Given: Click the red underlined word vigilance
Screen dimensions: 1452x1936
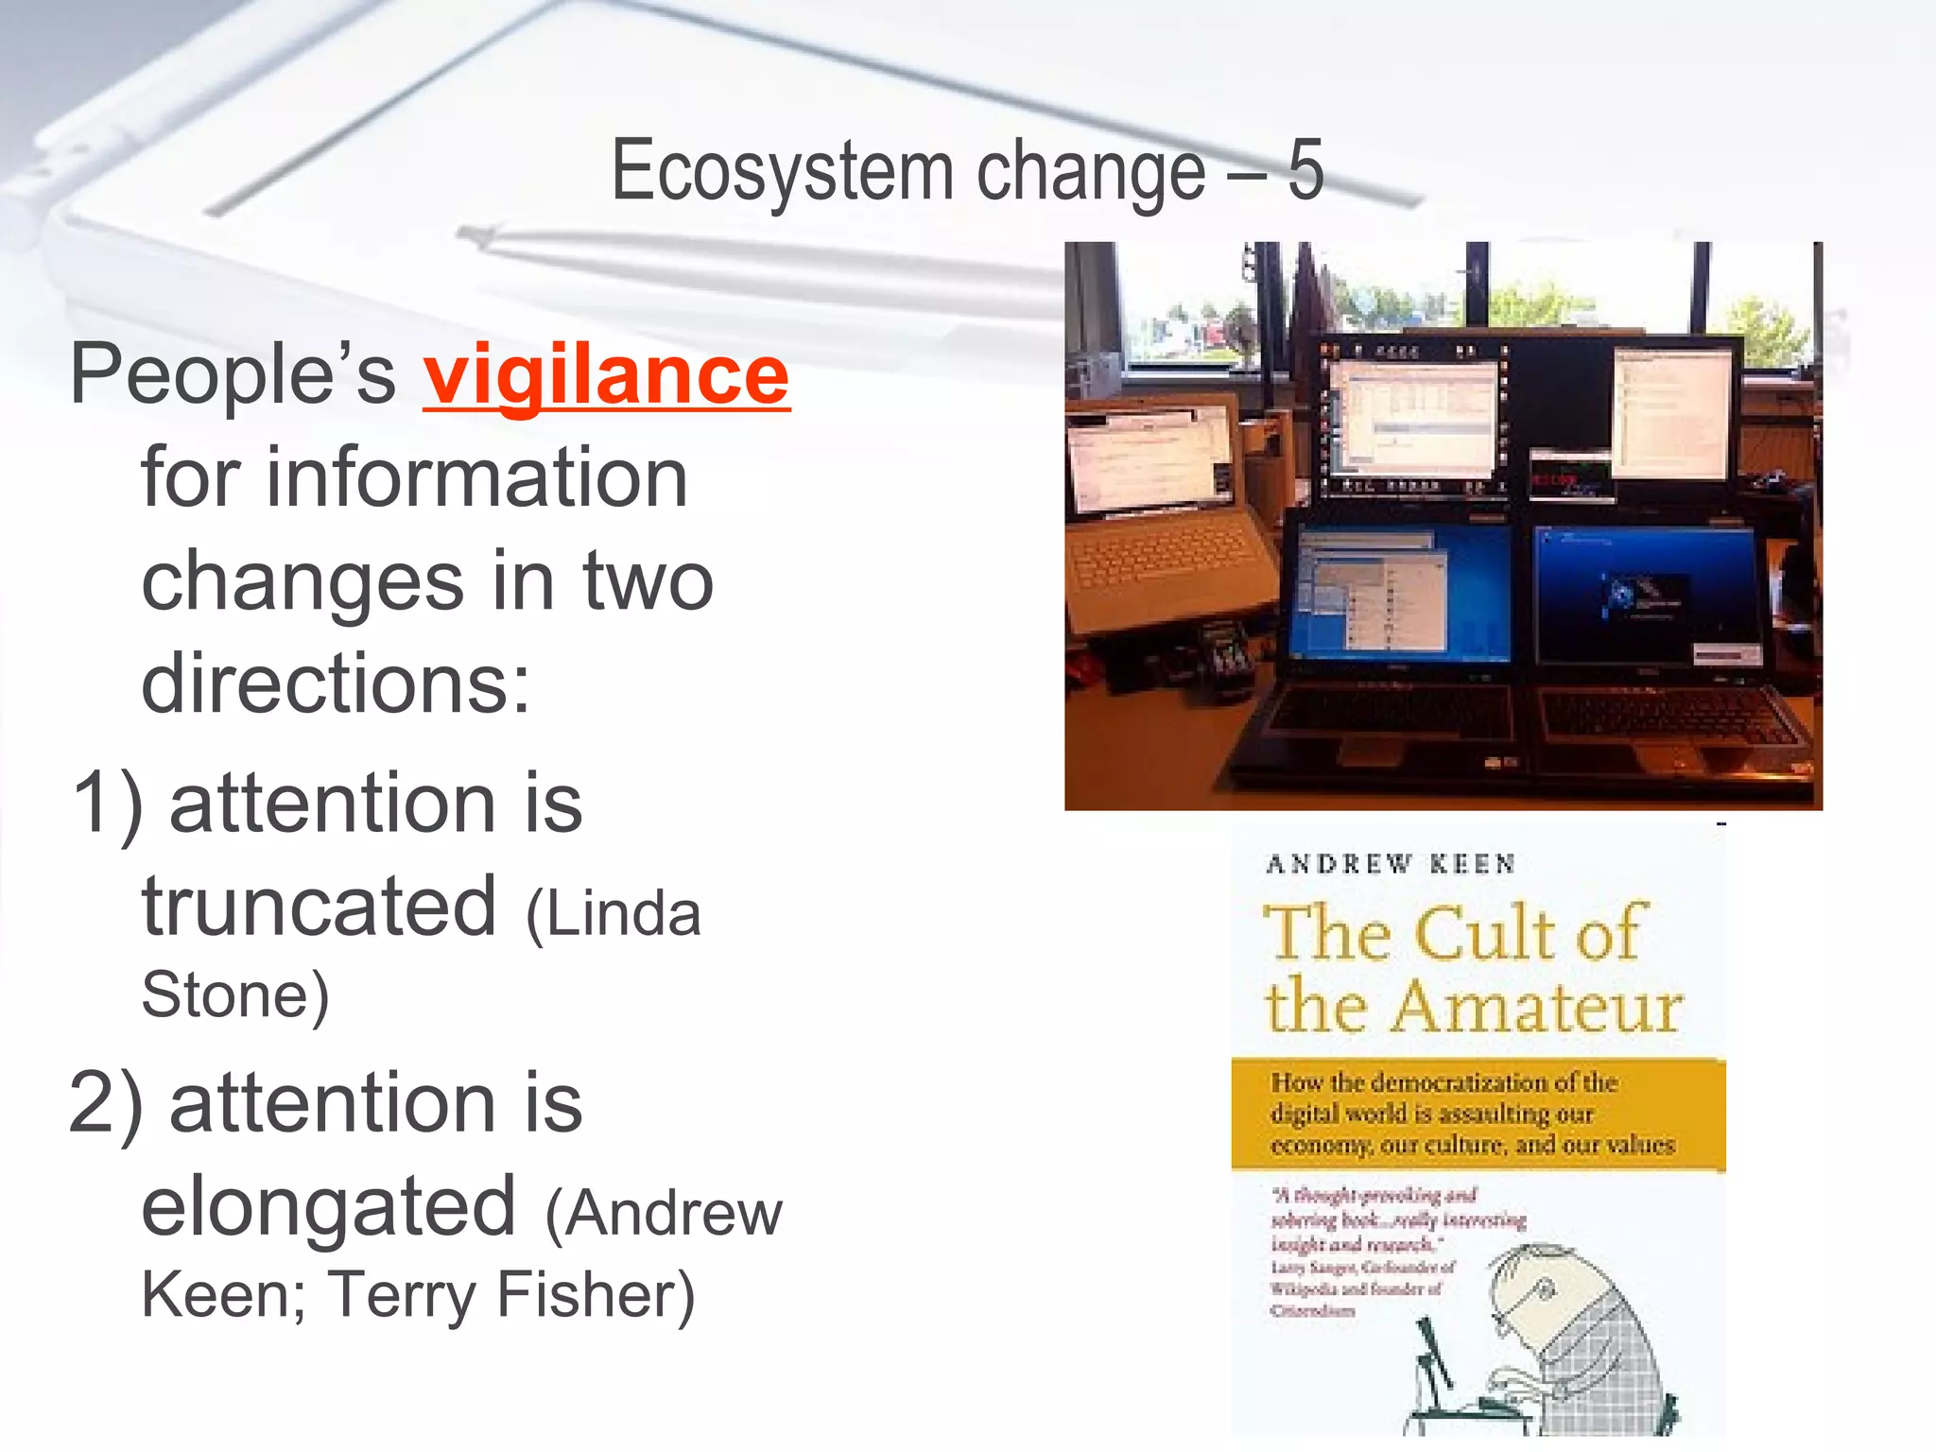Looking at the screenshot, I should [x=605, y=376].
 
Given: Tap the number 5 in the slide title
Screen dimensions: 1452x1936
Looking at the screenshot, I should [x=1305, y=170].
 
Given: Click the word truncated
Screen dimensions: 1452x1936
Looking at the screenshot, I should [x=319, y=906].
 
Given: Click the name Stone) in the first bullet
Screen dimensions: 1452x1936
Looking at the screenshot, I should [x=235, y=994].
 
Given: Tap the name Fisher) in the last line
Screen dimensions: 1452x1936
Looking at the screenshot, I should [x=596, y=1295].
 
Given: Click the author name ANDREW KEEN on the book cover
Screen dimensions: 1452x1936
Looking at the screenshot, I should [x=1391, y=864].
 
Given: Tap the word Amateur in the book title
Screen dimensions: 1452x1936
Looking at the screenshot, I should [x=1537, y=1008].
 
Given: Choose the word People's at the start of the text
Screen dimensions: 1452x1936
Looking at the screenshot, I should [x=233, y=376].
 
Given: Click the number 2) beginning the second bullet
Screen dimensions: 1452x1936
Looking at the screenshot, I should [x=106, y=1104].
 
